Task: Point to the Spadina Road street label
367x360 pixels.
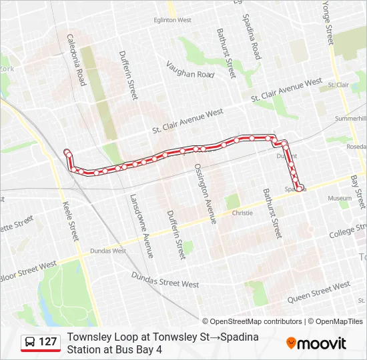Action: coord(251,37)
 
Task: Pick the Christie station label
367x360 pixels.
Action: coord(242,213)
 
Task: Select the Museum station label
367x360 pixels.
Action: coord(339,199)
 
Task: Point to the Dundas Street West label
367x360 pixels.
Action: coord(165,279)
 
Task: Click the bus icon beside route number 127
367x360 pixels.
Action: coord(30,342)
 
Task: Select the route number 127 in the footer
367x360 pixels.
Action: coord(47,342)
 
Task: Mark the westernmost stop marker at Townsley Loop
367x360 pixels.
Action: coord(67,153)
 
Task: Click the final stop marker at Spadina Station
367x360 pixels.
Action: coord(300,187)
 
